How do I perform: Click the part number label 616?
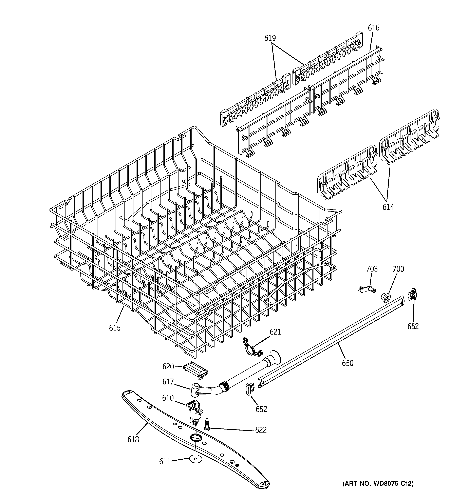click(373, 28)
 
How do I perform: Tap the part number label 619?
click(270, 38)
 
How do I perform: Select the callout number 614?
click(388, 207)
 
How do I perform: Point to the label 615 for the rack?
click(115, 328)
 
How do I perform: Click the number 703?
click(372, 269)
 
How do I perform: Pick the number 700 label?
click(398, 269)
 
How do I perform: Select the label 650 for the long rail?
click(348, 363)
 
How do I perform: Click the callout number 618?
click(133, 439)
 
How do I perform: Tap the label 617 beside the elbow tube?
click(168, 382)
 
